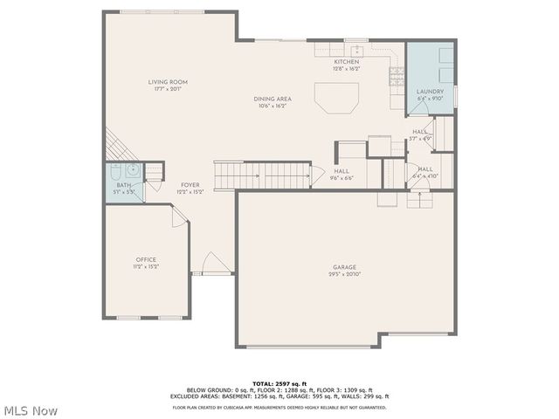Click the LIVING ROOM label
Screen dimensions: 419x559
pos(167,82)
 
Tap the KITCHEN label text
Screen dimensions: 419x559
pos(347,63)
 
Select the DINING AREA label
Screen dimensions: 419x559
pos(272,100)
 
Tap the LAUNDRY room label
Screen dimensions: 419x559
pos(430,92)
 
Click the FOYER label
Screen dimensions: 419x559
pos(190,185)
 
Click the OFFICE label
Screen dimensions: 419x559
pos(145,259)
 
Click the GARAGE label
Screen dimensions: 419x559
pos(343,267)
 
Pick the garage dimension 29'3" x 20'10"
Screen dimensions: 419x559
pos(343,274)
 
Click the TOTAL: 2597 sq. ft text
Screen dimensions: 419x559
pos(279,383)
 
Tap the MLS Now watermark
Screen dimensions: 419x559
pos(31,410)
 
